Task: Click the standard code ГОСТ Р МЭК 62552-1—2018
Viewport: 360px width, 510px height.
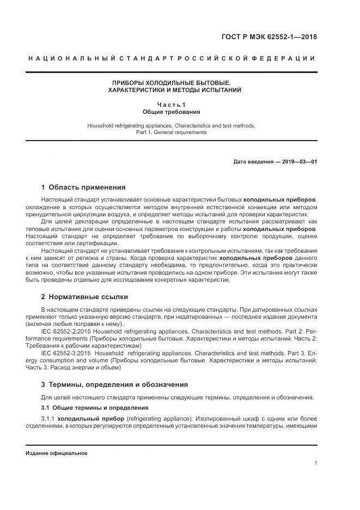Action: point(269,38)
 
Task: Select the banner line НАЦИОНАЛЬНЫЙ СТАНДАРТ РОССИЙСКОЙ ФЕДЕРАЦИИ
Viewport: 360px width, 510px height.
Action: point(171,58)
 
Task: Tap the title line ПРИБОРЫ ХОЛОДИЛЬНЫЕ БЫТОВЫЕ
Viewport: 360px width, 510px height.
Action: point(171,82)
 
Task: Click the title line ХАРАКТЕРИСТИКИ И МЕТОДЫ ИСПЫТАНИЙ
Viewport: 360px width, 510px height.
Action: point(171,90)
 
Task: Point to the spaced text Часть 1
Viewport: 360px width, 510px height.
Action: point(171,105)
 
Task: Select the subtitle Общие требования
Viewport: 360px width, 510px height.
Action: point(171,112)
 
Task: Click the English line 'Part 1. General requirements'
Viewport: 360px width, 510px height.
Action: point(171,132)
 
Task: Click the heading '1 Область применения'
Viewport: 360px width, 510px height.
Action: point(83,187)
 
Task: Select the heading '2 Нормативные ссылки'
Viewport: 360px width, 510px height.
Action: point(84,297)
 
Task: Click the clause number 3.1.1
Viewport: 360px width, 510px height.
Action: point(48,418)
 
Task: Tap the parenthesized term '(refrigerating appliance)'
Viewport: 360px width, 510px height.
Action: point(159,418)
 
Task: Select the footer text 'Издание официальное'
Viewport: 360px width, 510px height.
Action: point(56,453)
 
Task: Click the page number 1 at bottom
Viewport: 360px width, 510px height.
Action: point(315,463)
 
